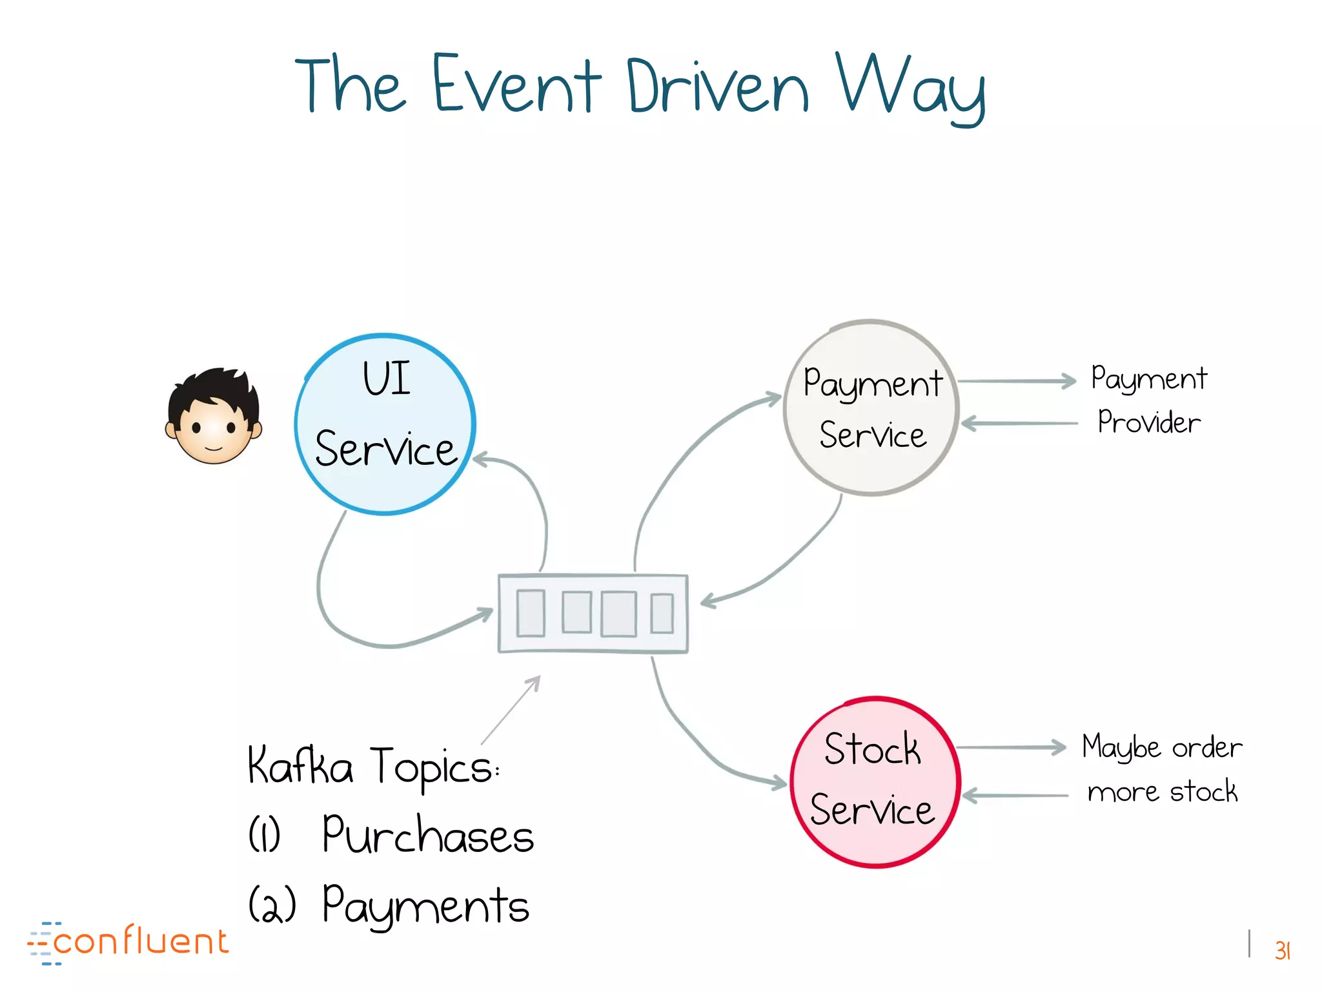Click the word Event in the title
tap(516, 86)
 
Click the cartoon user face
tap(214, 417)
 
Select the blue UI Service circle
tap(385, 424)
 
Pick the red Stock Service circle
tap(875, 782)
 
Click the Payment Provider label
tap(1149, 400)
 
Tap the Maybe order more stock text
tap(1162, 769)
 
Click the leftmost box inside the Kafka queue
tap(531, 613)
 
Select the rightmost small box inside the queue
tap(662, 613)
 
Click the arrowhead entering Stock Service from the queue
tap(780, 783)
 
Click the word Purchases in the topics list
tap(427, 836)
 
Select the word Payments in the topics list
tap(425, 906)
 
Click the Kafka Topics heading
tap(373, 767)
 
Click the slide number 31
tap(1282, 951)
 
